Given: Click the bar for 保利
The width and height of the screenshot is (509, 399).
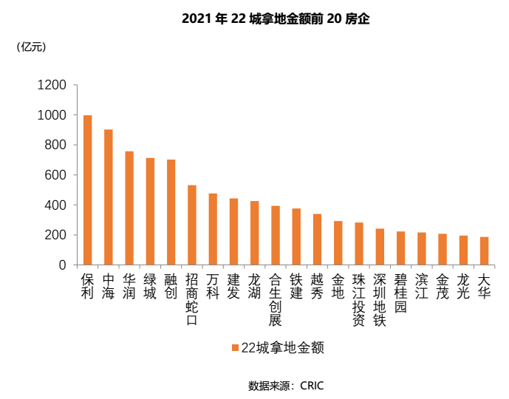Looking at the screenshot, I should click(87, 190).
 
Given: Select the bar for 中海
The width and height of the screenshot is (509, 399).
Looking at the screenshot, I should click(108, 197).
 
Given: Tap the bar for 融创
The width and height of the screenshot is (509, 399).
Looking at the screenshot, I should click(171, 212).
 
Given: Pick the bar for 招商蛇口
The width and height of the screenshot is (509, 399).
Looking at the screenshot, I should click(192, 225).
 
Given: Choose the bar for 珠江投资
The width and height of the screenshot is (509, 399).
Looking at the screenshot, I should click(359, 243).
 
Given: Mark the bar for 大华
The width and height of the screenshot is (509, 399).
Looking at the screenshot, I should click(485, 250).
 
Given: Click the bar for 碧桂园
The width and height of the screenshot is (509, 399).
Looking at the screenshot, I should click(401, 248).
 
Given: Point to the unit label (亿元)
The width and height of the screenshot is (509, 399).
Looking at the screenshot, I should click(31, 47).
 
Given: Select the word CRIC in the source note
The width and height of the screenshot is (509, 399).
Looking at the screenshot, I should click(312, 386).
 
